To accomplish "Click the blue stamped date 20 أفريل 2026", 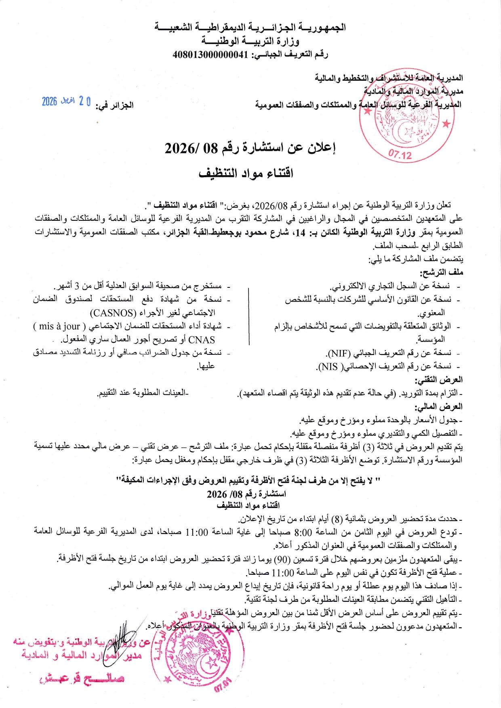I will tap(67, 102).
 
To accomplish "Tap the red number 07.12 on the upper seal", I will tap(400, 155).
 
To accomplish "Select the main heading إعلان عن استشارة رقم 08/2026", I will tap(250, 149).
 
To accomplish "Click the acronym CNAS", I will tap(204, 339).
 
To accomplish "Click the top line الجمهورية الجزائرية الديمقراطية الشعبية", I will tap(250, 28).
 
